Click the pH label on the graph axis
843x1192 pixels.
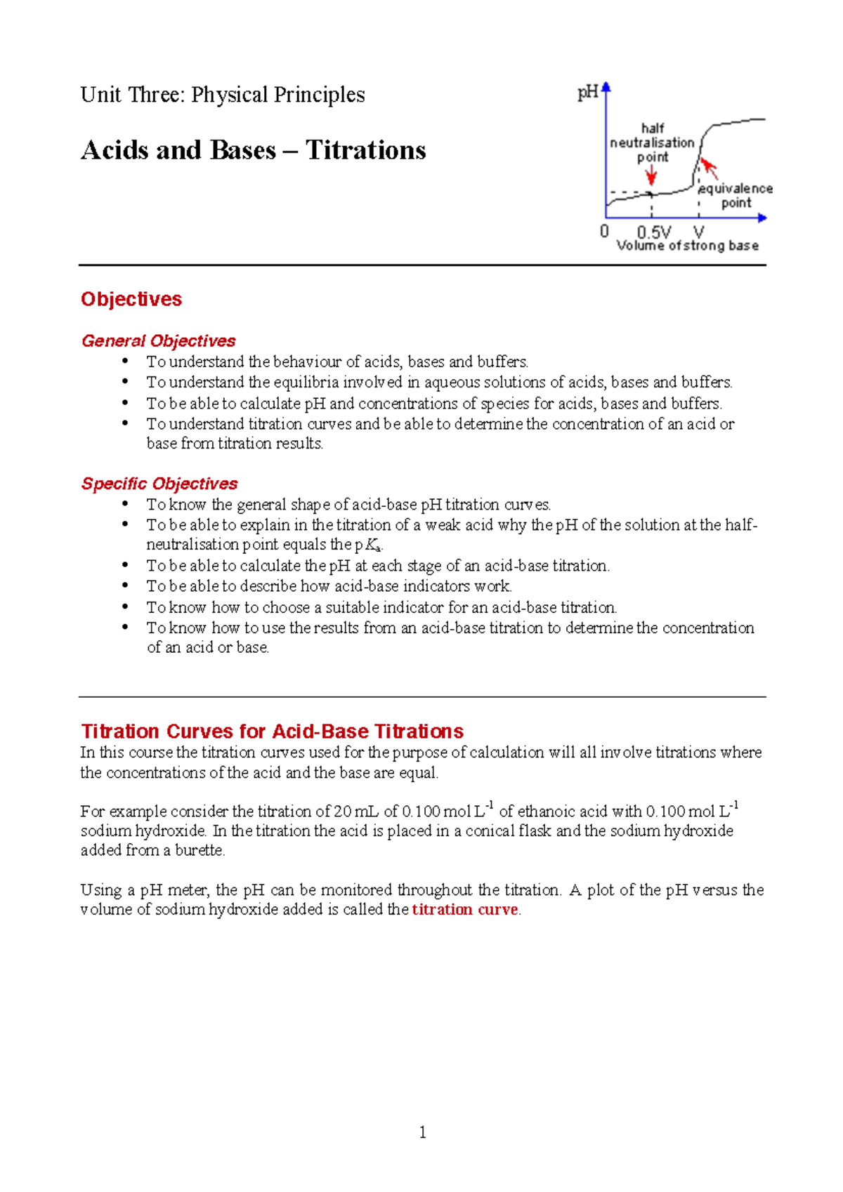tap(587, 93)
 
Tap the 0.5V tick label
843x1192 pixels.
tap(653, 232)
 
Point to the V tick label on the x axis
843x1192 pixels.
tap(698, 232)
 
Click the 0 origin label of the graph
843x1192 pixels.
tap(604, 231)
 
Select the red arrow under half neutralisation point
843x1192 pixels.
tap(651, 176)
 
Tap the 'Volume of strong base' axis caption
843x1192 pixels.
tap(687, 246)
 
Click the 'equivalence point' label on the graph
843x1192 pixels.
tap(736, 195)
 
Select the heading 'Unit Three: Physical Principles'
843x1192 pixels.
tap(223, 95)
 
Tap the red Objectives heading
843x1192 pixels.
tap(131, 299)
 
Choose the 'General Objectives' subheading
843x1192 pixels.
tap(158, 341)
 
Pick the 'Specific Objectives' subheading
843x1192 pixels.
tap(159, 484)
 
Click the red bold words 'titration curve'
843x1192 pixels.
tap(464, 910)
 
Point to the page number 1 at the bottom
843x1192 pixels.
tap(422, 1132)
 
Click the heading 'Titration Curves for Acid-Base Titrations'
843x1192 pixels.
tap(272, 731)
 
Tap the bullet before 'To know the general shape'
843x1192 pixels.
tap(125, 503)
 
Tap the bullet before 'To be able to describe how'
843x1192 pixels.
tap(125, 585)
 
